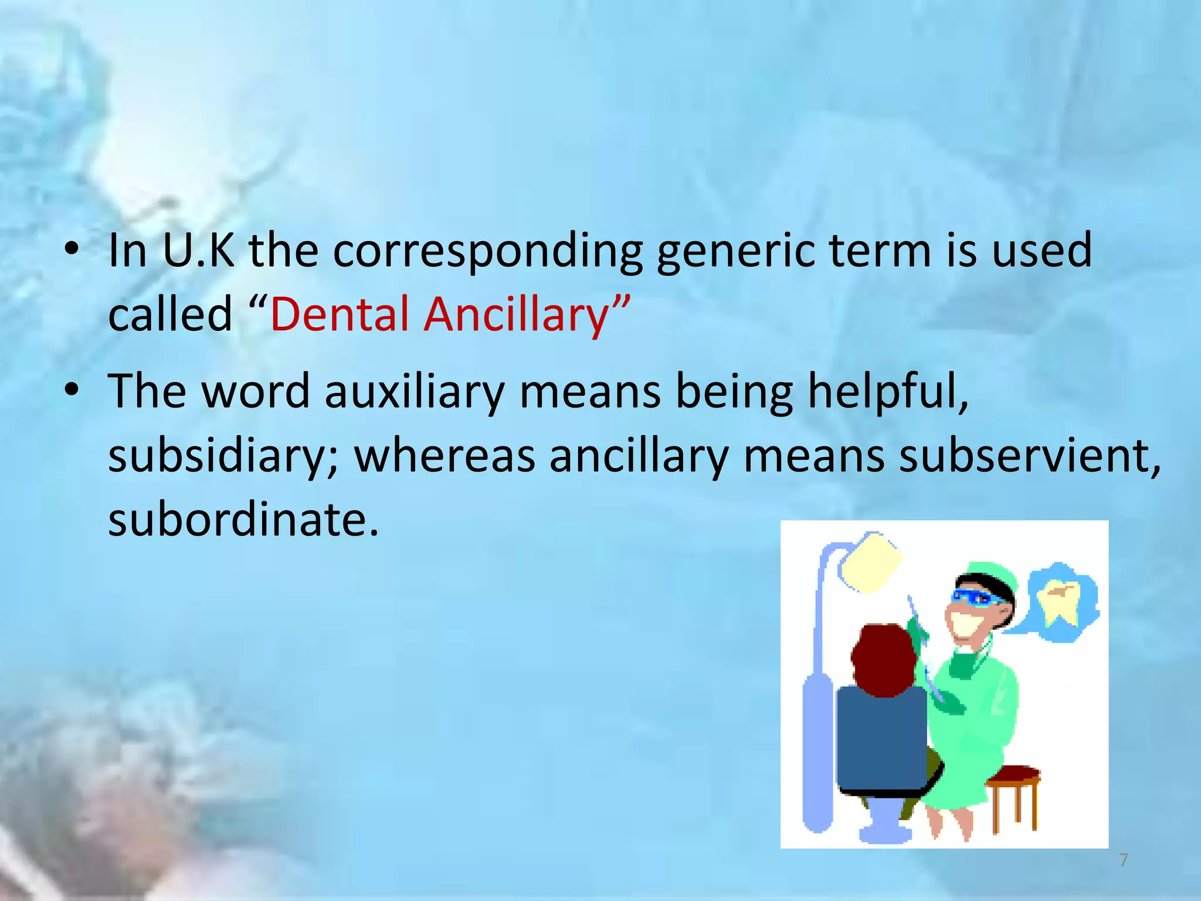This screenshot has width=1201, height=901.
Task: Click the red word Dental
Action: click(339, 314)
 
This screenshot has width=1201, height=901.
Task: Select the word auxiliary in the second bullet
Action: click(414, 392)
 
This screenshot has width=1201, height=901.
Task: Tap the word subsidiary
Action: click(223, 456)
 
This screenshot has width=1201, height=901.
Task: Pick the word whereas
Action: click(445, 456)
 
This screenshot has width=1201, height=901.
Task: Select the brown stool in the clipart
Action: click(1014, 786)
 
